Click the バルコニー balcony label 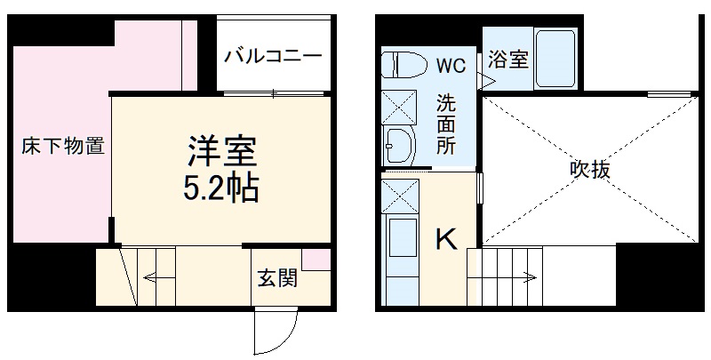tap(272, 56)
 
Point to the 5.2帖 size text tap(221, 188)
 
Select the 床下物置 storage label tap(62, 147)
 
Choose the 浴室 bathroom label tap(508, 60)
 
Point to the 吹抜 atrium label tap(589, 168)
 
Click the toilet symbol tap(402, 64)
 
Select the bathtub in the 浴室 tap(555, 57)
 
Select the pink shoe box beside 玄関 tap(316, 259)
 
